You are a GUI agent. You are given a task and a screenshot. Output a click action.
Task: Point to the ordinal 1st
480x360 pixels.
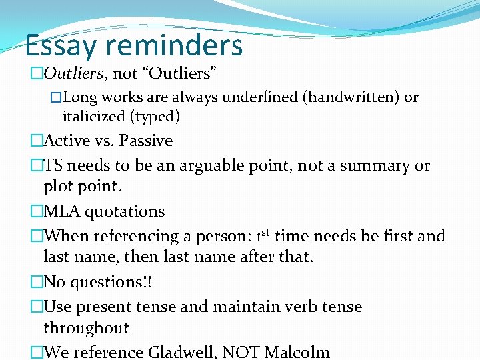click(257, 235)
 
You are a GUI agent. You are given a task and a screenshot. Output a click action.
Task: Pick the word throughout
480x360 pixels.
click(86, 328)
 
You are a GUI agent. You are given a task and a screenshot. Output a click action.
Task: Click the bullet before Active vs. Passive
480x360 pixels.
click(36, 141)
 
